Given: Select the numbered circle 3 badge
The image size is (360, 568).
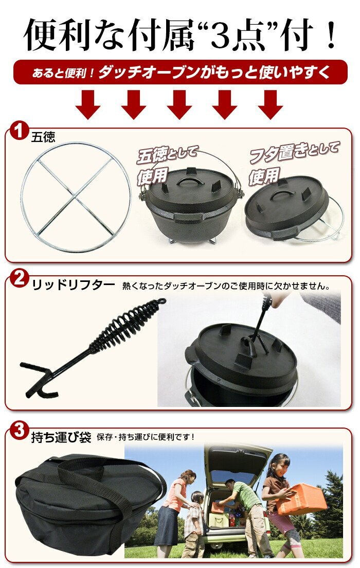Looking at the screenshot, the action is pos(19,431).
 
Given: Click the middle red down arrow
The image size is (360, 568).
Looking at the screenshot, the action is pos(179,104).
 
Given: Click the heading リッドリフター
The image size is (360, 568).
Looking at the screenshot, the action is pos(74,285).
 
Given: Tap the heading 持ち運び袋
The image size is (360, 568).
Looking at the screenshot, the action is pos(61,437).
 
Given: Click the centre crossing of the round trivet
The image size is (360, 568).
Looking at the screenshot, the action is pos(76,197).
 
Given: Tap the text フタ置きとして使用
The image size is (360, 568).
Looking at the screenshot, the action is pos(293,163).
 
